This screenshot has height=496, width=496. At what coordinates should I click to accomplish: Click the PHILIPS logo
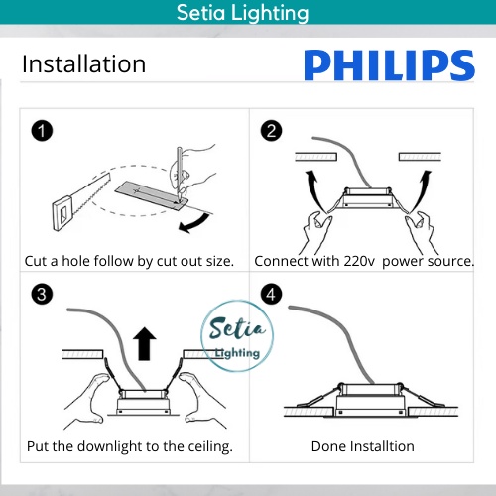tap(389, 65)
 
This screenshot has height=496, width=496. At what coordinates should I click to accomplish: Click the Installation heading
tap(83, 63)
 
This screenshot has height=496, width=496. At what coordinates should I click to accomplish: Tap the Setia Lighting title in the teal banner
tap(242, 13)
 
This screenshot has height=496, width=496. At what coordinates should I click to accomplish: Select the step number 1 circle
tap(42, 131)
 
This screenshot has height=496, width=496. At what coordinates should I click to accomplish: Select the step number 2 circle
tap(271, 131)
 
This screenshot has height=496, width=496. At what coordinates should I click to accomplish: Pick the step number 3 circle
tap(42, 294)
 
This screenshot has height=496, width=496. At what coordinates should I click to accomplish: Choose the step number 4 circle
tap(271, 294)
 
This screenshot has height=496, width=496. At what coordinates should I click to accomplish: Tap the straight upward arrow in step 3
tap(145, 343)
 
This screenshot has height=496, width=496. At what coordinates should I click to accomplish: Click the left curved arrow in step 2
tap(314, 190)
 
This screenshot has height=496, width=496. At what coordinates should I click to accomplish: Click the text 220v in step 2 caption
tap(359, 261)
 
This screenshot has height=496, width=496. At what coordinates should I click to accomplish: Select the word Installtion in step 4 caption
tap(382, 446)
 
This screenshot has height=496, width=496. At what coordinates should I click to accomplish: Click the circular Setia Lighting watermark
tap(237, 335)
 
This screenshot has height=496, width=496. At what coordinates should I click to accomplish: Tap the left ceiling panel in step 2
tap(315, 157)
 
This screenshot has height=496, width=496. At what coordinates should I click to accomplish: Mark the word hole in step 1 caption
tap(75, 261)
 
